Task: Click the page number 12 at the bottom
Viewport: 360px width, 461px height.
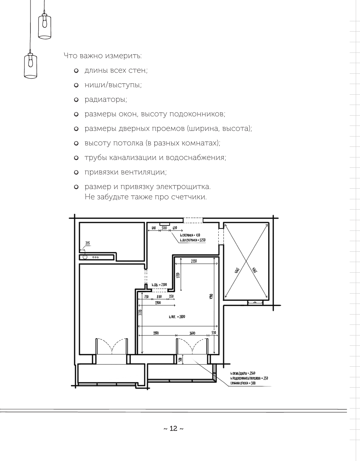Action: [173, 429]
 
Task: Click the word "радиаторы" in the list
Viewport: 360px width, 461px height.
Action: [106, 100]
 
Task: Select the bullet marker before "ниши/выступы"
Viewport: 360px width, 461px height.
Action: [76, 85]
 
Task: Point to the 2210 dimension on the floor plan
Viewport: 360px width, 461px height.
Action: [193, 261]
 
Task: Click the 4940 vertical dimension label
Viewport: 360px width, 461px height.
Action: [210, 296]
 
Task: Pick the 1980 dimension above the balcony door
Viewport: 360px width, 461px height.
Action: [156, 333]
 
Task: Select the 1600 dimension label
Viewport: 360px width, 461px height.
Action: [192, 333]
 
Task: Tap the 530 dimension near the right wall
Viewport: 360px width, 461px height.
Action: [214, 333]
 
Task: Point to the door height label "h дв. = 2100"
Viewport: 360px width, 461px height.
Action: [159, 284]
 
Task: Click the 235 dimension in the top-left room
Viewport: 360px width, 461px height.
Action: [88, 243]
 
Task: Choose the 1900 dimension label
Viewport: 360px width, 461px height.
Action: [158, 303]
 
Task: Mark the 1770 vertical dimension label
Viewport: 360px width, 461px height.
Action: [178, 275]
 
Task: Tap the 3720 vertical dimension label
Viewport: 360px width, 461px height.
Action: [140, 312]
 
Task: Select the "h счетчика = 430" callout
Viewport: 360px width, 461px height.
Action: [190, 235]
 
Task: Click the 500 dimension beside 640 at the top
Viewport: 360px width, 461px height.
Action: [164, 228]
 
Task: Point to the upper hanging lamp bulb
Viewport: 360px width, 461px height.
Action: [45, 22]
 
